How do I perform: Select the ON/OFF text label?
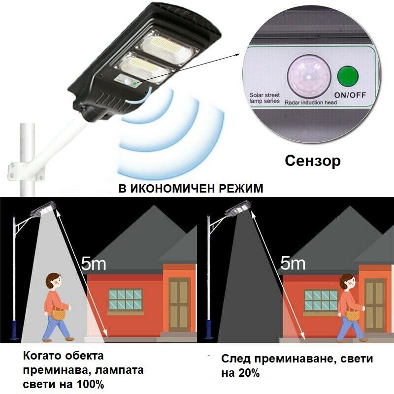350,95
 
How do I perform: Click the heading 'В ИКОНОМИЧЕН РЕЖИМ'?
191,189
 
